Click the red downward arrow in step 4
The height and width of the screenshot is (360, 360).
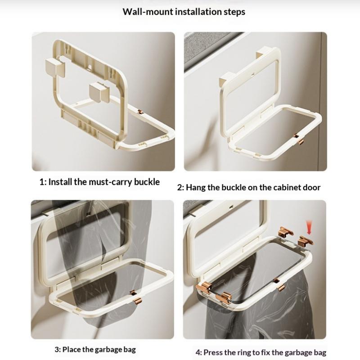click(x=309, y=227)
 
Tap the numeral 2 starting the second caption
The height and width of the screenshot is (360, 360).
click(x=180, y=188)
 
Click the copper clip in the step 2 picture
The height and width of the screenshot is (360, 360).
click(x=299, y=139)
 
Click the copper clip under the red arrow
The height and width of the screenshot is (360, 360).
click(x=305, y=241)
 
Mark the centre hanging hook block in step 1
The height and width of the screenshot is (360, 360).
click(x=99, y=92)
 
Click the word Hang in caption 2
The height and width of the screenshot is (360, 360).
click(x=196, y=188)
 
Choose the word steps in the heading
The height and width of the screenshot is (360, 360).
click(x=234, y=12)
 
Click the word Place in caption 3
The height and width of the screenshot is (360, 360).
click(x=71, y=350)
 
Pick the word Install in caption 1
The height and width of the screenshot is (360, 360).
click(x=60, y=182)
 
